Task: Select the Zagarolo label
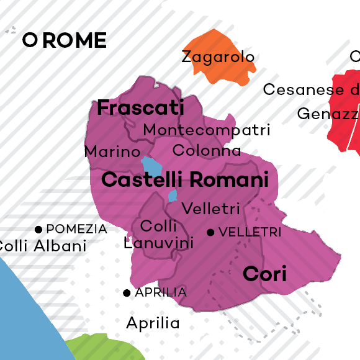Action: pos(218,57)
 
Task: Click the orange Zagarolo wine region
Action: pos(230,72)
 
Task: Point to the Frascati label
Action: pos(141,107)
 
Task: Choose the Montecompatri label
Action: pos(207,130)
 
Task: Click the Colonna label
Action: pos(207,150)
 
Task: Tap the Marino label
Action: pos(112,151)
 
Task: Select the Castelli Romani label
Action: pos(185,181)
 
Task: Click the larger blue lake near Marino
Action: pos(151,167)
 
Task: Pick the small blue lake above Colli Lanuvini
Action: pos(173,196)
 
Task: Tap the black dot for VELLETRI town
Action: pos(210,232)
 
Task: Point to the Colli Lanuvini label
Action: pos(159,235)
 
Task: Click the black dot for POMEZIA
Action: pos(38,229)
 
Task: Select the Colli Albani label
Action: pos(40,246)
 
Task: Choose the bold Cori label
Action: pos(264,273)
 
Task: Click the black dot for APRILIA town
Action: pos(127,292)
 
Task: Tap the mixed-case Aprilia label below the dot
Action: pos(153,323)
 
